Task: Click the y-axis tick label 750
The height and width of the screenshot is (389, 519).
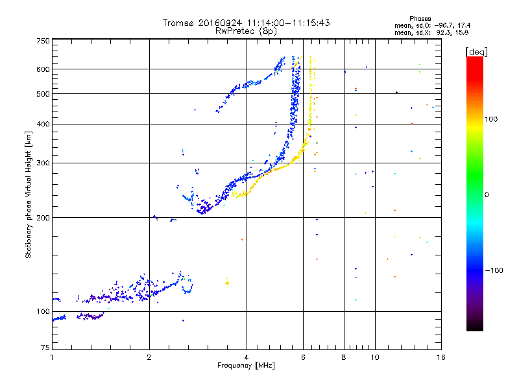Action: tap(43, 40)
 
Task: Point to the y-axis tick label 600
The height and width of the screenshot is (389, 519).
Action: tap(43, 69)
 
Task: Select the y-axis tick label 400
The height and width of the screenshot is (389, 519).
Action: tap(43, 124)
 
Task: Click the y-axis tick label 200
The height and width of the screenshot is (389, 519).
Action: tap(43, 217)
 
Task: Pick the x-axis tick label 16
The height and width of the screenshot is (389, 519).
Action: tap(441, 357)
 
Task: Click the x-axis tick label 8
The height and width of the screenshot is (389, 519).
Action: tap(344, 357)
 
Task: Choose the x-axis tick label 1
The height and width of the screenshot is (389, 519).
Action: tap(52, 357)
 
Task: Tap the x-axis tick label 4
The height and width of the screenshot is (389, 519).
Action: tap(247, 357)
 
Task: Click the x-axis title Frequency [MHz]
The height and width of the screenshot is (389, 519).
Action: tap(246, 366)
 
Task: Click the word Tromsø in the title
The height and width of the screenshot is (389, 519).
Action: tap(178, 23)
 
